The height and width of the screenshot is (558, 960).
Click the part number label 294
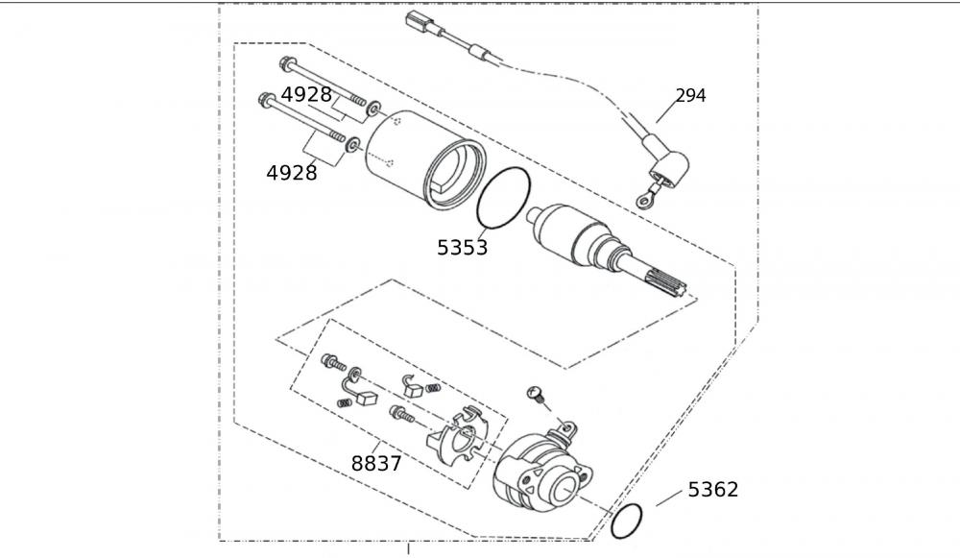(x=690, y=96)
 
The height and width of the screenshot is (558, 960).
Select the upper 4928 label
(x=306, y=94)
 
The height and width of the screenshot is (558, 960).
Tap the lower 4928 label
(x=292, y=173)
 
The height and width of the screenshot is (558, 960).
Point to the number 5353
(x=462, y=248)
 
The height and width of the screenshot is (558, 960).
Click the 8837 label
(x=376, y=464)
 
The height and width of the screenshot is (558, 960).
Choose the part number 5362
(x=713, y=490)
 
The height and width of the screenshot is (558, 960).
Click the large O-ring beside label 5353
(x=503, y=196)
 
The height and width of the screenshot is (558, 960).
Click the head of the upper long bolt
(x=286, y=65)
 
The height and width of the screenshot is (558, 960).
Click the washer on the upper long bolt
(x=374, y=108)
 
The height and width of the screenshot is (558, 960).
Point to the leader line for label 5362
(x=668, y=499)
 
